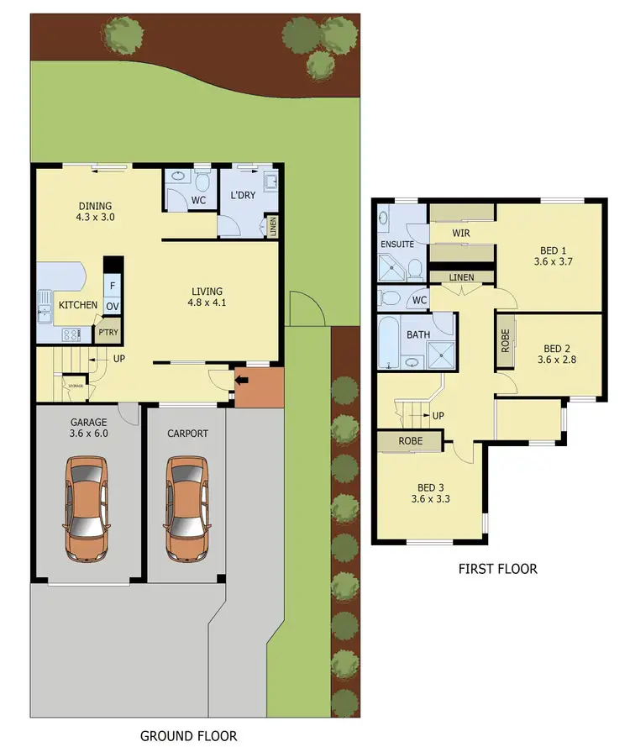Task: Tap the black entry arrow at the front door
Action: coord(243,381)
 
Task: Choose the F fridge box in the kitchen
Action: coord(112,284)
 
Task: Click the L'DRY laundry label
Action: coord(243,197)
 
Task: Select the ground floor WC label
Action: coord(199,201)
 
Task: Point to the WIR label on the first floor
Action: coord(460,233)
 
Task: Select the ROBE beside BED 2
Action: coord(505,341)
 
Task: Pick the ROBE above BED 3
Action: coord(410,440)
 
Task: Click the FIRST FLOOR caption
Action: coord(497,569)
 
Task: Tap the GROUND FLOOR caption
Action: coord(188,735)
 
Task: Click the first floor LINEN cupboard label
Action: coord(461,277)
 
